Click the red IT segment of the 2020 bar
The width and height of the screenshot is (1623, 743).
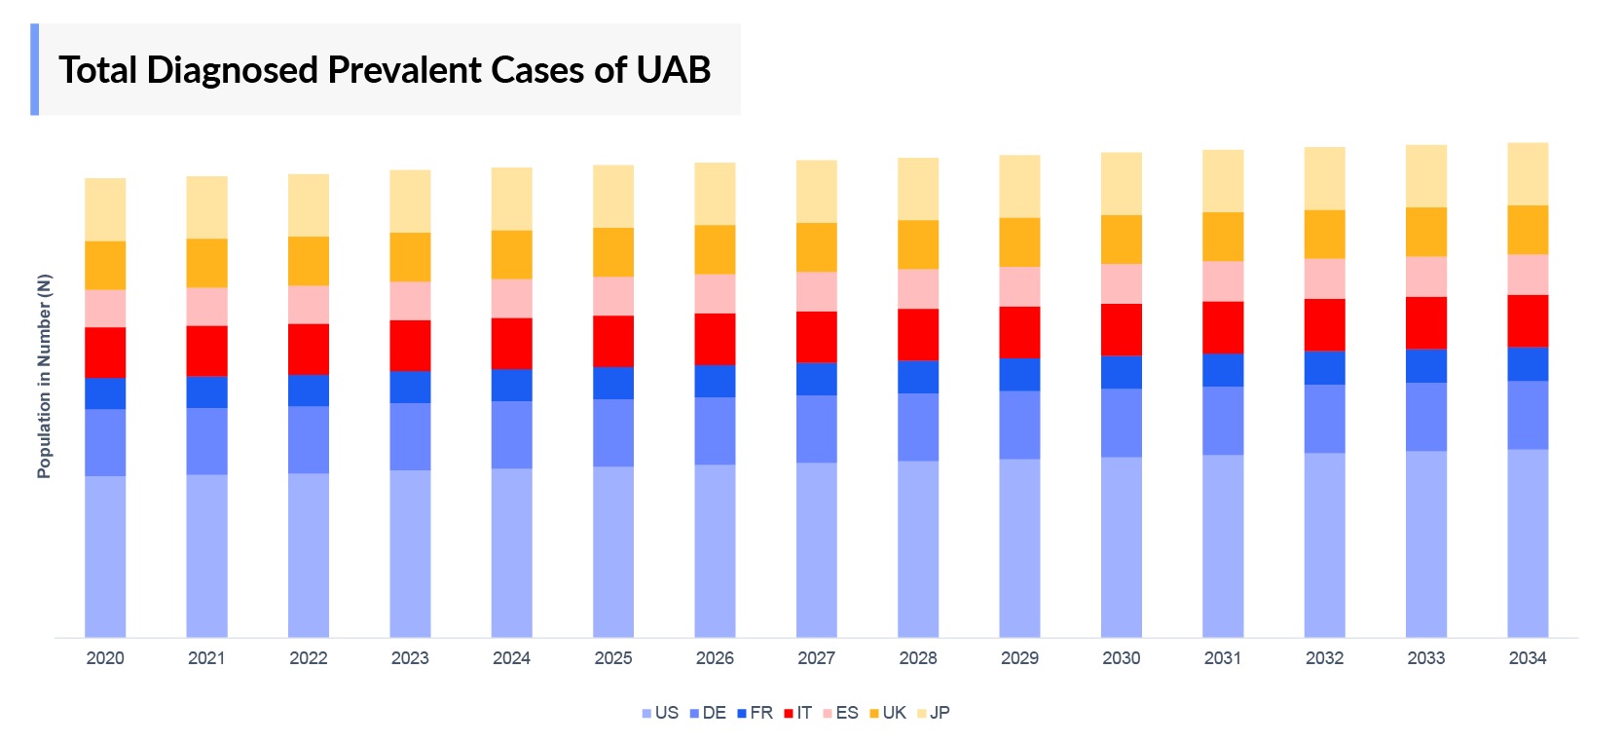click(x=105, y=353)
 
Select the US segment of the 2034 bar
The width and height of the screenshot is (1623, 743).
click(x=1528, y=543)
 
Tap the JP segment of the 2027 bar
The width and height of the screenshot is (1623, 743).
click(x=816, y=192)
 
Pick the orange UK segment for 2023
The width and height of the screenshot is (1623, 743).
click(x=410, y=257)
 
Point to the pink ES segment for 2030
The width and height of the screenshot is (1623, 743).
click(x=1122, y=283)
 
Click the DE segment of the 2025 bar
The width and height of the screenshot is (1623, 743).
click(x=613, y=432)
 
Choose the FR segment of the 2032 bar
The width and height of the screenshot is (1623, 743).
click(x=1324, y=368)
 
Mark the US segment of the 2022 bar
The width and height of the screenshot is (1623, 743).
click(x=309, y=555)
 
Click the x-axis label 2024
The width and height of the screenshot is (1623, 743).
click(x=511, y=658)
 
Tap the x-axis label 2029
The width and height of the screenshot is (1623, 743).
click(x=1019, y=658)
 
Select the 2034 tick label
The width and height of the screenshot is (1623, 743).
click(x=1528, y=658)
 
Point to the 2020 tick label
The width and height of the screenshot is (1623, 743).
click(x=105, y=658)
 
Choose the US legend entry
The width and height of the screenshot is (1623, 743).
click(x=661, y=713)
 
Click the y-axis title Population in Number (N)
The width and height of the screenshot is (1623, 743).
click(x=44, y=376)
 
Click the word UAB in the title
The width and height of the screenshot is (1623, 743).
click(x=674, y=70)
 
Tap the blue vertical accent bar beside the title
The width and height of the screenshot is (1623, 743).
click(x=35, y=69)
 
